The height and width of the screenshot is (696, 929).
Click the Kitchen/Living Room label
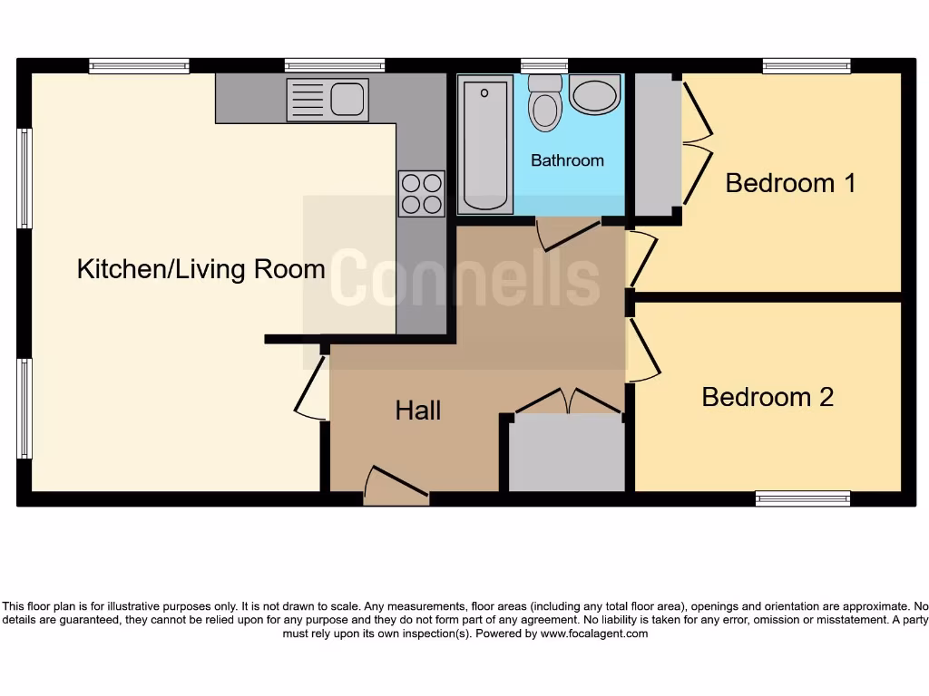click(200, 269)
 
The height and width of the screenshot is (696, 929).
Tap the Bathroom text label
click(567, 160)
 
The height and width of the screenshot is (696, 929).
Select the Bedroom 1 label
click(790, 183)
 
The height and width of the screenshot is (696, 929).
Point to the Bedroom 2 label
click(768, 397)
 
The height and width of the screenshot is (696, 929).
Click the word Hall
click(418, 411)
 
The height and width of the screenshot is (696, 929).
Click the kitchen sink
click(328, 99)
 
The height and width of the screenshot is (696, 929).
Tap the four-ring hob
click(421, 194)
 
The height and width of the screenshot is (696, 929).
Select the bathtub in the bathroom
click(484, 144)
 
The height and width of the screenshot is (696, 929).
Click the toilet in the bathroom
click(544, 101)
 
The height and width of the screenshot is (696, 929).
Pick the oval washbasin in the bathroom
click(595, 94)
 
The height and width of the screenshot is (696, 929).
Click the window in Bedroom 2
click(803, 498)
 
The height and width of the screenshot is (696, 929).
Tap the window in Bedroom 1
click(807, 65)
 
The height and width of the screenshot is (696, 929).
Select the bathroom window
click(544, 65)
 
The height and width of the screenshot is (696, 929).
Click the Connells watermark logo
click(464, 281)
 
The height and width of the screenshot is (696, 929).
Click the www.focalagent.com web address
click(594, 633)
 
